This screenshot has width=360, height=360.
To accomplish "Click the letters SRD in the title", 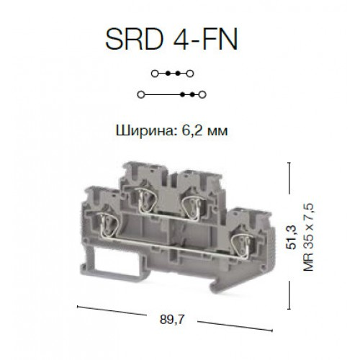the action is (x=135, y=39).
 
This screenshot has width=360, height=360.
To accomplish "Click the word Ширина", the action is (x=145, y=131).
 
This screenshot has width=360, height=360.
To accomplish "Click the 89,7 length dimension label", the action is (x=171, y=320).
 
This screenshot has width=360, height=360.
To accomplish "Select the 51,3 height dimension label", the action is (x=292, y=238).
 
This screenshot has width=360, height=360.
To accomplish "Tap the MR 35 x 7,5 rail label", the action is (x=308, y=237).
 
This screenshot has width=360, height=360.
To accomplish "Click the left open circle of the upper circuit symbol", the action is (x=155, y=73).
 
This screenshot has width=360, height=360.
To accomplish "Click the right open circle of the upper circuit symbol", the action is (x=190, y=73).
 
